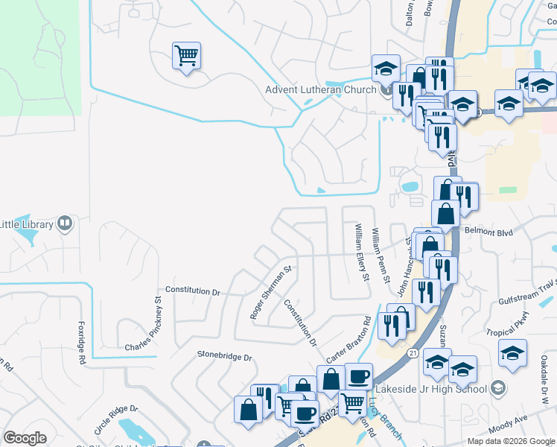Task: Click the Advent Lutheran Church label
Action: click(x=321, y=91)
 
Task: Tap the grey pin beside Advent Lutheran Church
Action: click(x=386, y=91)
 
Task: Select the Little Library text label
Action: click(x=26, y=224)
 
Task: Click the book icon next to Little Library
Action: click(x=65, y=223)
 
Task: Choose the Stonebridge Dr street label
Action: click(x=225, y=357)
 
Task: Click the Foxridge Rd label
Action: click(x=81, y=343)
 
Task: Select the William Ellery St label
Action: click(x=362, y=253)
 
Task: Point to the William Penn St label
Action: click(x=381, y=256)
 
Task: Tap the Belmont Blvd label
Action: click(x=489, y=232)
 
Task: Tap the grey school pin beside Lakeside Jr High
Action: click(x=498, y=387)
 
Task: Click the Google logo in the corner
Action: click(x=25, y=438)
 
